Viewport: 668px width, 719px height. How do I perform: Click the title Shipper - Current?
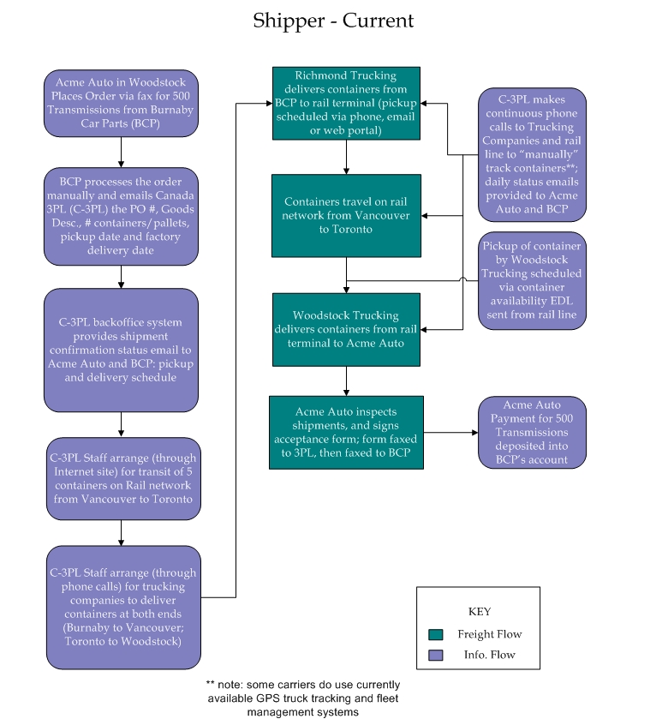(333, 21)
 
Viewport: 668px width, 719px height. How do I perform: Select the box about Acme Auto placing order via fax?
(121, 103)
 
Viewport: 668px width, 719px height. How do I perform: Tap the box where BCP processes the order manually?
(121, 217)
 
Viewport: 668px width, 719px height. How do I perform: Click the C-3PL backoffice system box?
(121, 350)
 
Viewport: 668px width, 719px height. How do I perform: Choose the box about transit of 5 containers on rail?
(123, 479)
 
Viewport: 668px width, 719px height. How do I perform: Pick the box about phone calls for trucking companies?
(123, 607)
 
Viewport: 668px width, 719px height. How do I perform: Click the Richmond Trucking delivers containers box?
(346, 103)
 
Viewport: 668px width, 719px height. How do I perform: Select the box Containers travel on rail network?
(346, 215)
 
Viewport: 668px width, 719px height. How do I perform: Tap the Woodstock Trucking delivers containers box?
(346, 330)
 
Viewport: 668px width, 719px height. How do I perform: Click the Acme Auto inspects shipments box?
(346, 433)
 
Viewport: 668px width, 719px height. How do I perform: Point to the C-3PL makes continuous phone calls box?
(532, 154)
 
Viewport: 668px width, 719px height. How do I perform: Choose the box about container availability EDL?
(532, 280)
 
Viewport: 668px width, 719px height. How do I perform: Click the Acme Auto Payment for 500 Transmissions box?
(532, 433)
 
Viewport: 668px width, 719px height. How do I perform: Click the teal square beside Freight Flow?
(436, 635)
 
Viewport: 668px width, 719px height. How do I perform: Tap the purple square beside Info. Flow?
(436, 655)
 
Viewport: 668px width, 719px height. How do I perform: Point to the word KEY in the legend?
(480, 612)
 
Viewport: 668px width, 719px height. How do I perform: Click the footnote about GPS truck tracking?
(303, 698)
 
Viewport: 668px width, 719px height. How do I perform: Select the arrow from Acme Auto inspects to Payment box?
(450, 433)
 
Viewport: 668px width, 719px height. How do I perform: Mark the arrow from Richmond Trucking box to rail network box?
(346, 157)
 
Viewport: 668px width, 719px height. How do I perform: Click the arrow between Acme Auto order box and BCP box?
(121, 153)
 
